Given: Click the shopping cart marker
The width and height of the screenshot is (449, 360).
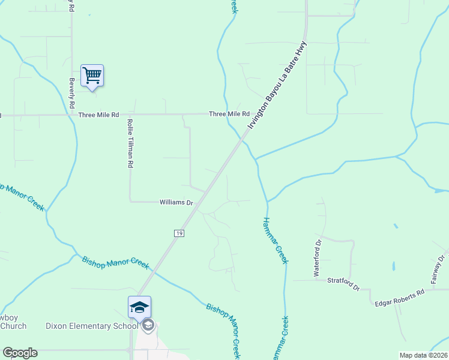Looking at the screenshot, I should pyautogui.click(x=92, y=76).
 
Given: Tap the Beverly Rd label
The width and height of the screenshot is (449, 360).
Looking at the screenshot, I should pyautogui.click(x=71, y=93).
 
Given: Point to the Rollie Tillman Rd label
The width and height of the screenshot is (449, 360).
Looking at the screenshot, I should pyautogui.click(x=130, y=142).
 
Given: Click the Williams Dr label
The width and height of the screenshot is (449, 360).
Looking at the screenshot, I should pyautogui.click(x=175, y=203).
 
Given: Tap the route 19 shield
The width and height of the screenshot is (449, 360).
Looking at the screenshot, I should pyautogui.click(x=179, y=233).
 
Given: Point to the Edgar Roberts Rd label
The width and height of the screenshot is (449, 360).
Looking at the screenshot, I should pyautogui.click(x=399, y=293).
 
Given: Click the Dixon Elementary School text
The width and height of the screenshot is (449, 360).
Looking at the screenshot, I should pyautogui.click(x=92, y=326).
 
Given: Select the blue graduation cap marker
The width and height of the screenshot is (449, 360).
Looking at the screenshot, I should pyautogui.click(x=139, y=307).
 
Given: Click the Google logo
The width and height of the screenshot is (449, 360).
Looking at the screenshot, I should pyautogui.click(x=20, y=353).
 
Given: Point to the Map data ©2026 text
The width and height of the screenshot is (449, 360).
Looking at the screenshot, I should pyautogui.click(x=423, y=355).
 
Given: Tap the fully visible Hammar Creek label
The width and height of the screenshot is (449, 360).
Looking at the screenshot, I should pyautogui.click(x=276, y=240).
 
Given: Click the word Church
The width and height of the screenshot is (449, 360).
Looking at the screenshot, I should pyautogui.click(x=13, y=326).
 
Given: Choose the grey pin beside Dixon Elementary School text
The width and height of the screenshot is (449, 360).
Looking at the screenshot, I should pyautogui.click(x=148, y=325).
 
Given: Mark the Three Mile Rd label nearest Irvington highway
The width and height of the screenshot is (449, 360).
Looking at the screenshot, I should pyautogui.click(x=229, y=113).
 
